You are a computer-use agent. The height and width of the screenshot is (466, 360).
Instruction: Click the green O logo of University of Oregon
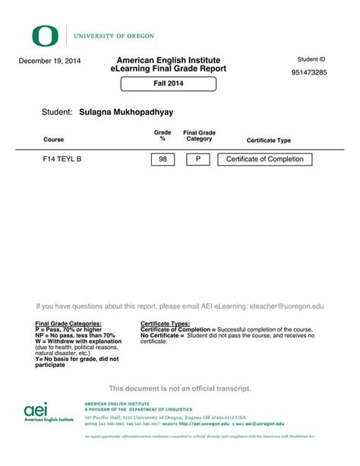44,35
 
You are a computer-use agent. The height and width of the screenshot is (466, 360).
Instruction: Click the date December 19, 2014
50,61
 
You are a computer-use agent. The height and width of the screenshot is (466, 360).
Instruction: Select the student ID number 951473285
308,73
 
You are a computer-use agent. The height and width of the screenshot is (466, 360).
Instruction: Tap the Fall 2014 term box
169,83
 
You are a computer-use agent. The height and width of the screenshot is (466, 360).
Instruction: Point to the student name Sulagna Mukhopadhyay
126,112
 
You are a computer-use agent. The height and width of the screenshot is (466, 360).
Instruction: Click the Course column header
53,140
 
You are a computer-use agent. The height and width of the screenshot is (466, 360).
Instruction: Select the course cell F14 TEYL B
62,160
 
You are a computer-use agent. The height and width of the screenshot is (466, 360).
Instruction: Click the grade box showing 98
163,160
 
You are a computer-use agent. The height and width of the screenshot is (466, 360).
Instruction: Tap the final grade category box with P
198,160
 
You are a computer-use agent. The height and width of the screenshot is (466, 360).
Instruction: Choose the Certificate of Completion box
264,160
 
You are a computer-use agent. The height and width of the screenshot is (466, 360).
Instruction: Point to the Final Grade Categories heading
68,324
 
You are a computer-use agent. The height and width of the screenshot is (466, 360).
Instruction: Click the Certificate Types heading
165,324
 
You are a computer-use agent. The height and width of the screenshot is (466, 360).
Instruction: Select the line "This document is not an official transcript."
179,388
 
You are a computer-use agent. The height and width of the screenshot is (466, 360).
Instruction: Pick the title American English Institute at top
168,60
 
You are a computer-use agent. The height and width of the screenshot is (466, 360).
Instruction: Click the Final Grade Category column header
199,136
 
